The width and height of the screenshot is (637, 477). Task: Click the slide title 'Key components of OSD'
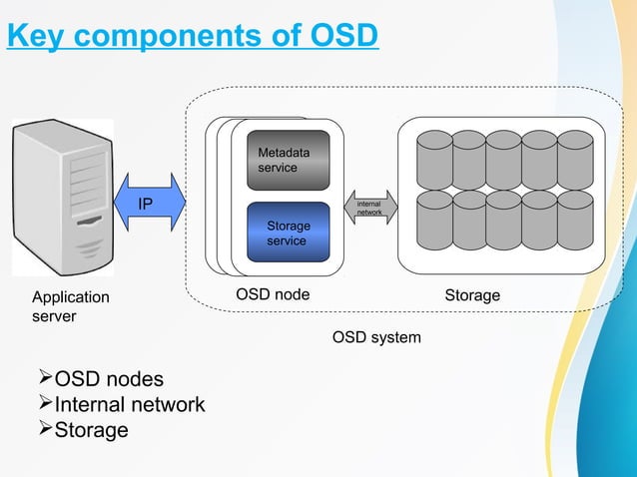tap(193, 36)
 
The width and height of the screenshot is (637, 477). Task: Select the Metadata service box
tap(289, 160)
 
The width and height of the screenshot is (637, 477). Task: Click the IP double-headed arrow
tap(151, 205)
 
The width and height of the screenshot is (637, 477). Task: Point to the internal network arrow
tap(370, 208)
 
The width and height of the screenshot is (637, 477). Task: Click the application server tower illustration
tap(63, 196)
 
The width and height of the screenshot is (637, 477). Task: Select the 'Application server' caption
tap(71, 306)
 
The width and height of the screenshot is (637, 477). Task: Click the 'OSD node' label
tap(273, 295)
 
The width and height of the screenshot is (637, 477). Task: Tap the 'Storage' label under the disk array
tap(472, 295)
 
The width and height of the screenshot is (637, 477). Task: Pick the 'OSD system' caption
tap(376, 338)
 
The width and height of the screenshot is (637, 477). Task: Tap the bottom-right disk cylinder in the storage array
tap(575, 220)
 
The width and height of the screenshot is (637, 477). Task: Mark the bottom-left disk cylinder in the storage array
tap(434, 220)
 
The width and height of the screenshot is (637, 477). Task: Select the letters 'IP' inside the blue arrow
tap(146, 205)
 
